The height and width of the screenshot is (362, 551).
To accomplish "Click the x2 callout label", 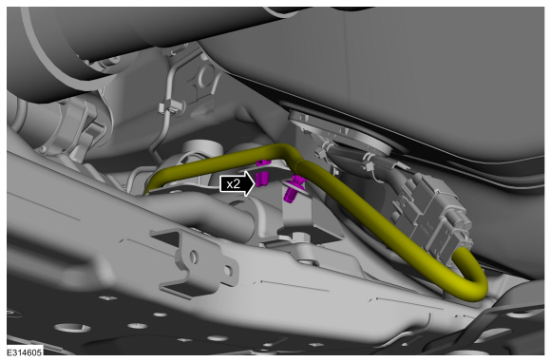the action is point(234,183).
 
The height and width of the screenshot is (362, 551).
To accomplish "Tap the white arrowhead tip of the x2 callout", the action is point(256,183).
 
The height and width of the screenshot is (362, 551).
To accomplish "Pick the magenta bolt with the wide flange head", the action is point(294,189).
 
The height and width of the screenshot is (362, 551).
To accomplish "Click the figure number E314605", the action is point(24,352).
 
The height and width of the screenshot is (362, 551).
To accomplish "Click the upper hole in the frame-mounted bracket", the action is point(193,257).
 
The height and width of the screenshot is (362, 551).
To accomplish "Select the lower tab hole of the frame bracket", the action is point(228,271).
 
